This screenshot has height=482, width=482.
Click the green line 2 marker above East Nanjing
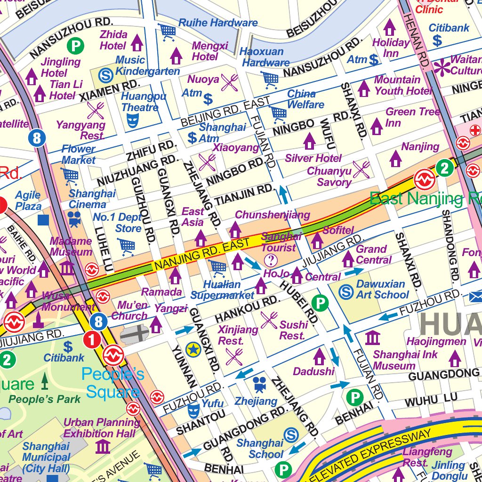tap(444, 167)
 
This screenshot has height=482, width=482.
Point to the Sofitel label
tap(338, 230)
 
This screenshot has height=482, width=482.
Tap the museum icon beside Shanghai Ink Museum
tap(372, 338)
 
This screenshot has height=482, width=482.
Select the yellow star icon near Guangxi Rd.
tap(193, 349)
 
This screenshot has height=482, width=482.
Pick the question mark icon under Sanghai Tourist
tap(271, 260)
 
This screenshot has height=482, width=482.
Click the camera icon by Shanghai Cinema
tap(74, 218)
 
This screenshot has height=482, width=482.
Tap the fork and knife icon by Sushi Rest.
tap(269, 320)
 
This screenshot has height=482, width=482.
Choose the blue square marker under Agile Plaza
tap(43, 220)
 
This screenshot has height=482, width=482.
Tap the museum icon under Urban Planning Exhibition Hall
tap(103, 446)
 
